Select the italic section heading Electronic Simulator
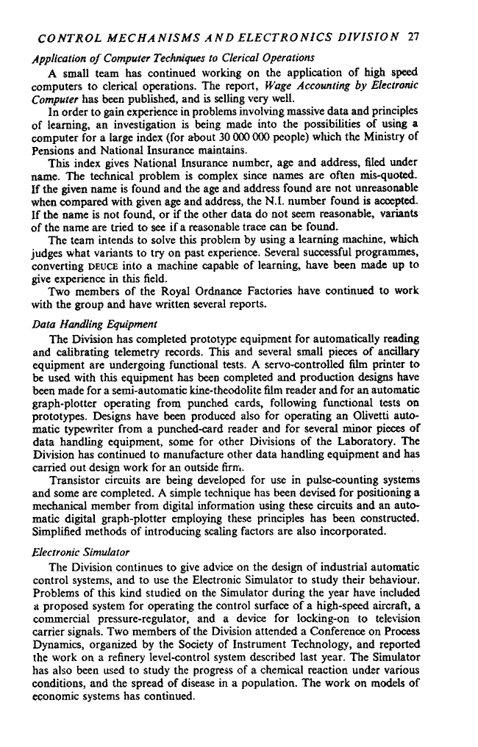pyautogui.click(x=78, y=550)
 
